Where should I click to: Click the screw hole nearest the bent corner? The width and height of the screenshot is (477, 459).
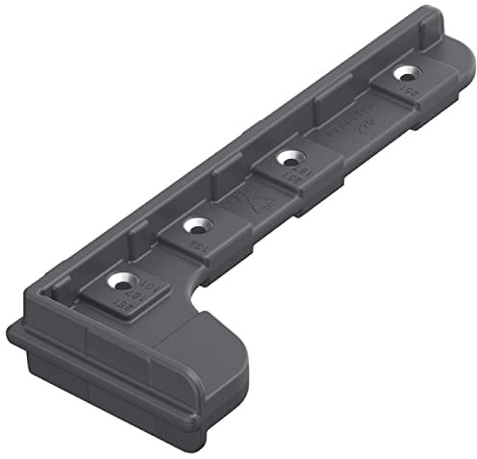[119, 282]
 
